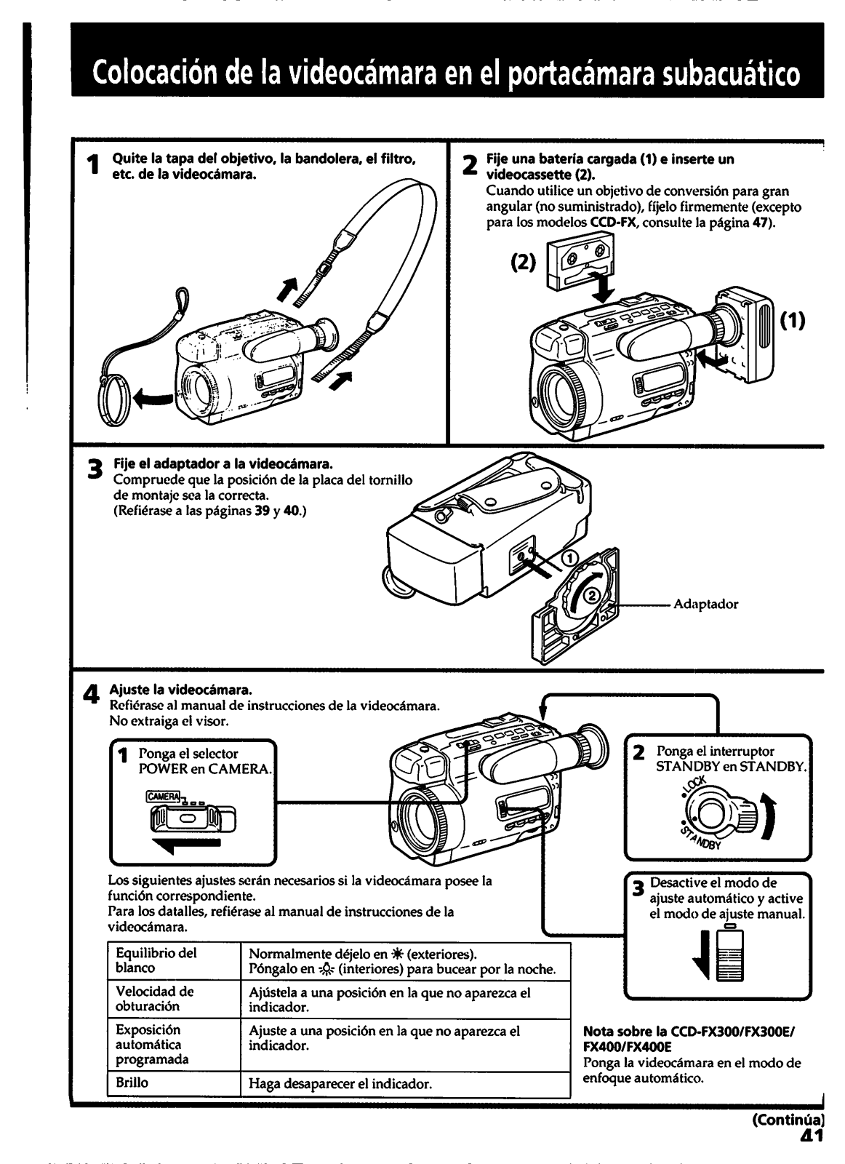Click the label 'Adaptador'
706,604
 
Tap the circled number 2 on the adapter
593,594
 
